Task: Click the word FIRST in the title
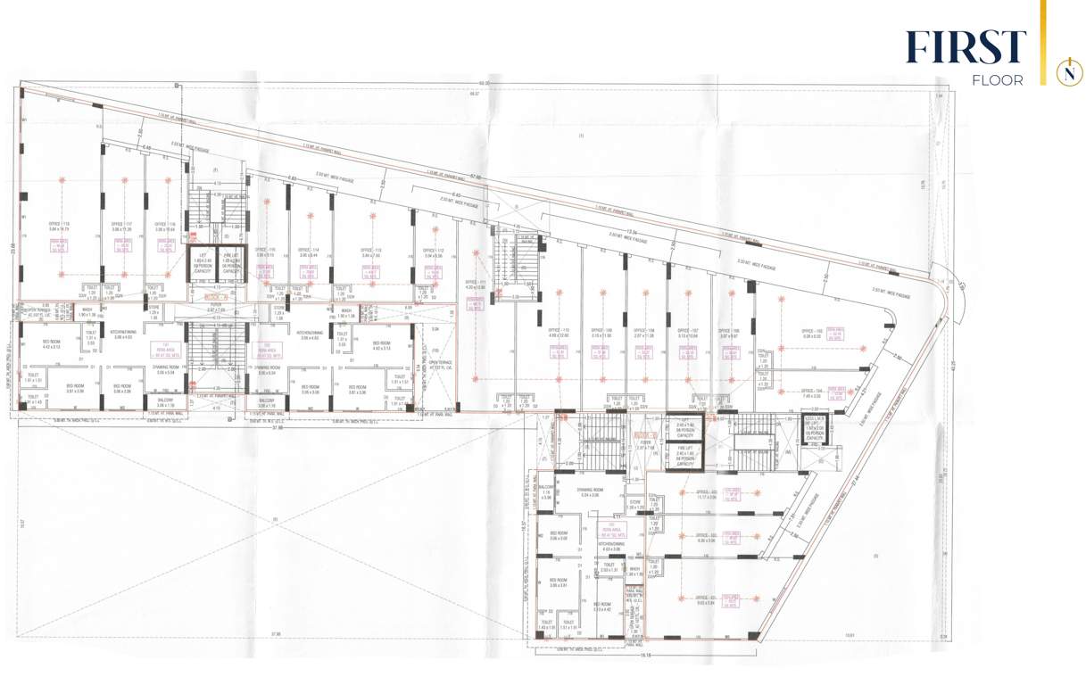(x=966, y=47)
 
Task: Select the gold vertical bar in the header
(x=1042, y=43)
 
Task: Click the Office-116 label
(x=165, y=227)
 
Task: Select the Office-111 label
(x=476, y=285)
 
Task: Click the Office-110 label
(x=560, y=332)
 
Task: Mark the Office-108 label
(x=644, y=332)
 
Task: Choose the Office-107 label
(x=686, y=332)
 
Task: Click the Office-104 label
(x=811, y=392)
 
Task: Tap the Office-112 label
(x=433, y=252)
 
